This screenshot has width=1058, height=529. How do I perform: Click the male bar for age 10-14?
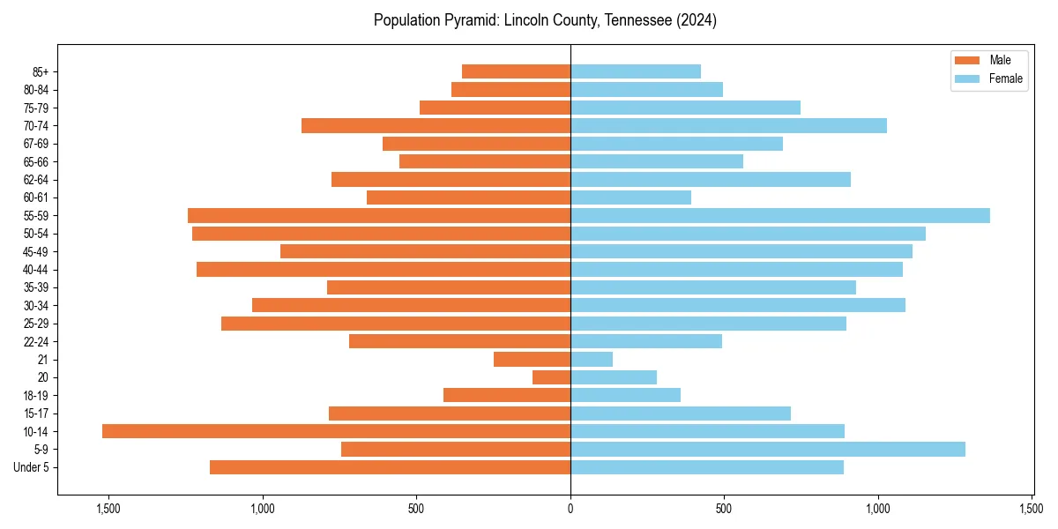(x=336, y=431)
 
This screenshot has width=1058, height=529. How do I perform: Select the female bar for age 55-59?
(x=780, y=216)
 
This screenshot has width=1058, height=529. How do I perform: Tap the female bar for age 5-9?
(x=768, y=450)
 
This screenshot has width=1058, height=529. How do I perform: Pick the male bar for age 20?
(x=551, y=377)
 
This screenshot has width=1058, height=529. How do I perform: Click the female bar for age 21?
(x=592, y=360)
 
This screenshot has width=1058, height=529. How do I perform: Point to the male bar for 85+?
(x=516, y=71)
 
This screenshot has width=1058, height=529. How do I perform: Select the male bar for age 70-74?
(x=436, y=126)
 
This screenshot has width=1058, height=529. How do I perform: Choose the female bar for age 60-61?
(x=630, y=197)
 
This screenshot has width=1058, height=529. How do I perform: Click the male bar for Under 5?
(x=390, y=467)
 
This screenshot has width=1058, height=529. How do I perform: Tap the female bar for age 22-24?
(x=646, y=341)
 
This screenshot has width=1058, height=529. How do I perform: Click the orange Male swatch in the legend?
(x=967, y=60)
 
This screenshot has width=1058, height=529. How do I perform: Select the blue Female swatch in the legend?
(x=967, y=78)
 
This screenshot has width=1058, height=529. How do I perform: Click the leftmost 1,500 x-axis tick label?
(x=108, y=509)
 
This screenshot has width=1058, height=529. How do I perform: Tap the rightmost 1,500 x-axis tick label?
(x=1032, y=509)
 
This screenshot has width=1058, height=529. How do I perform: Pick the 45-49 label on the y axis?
(x=36, y=252)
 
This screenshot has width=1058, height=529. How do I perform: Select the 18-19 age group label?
(x=36, y=396)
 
